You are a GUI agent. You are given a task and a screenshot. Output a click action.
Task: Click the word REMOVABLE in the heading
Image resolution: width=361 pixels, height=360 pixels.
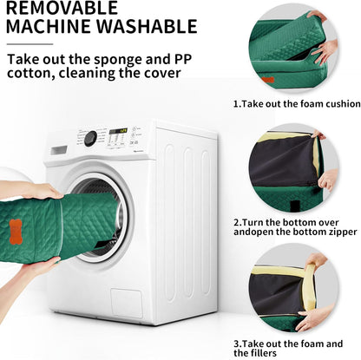point(62,7)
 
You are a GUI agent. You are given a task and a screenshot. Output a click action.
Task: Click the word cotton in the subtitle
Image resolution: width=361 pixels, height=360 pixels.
point(30,73)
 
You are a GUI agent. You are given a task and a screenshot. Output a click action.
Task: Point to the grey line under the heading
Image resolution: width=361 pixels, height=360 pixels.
point(30,44)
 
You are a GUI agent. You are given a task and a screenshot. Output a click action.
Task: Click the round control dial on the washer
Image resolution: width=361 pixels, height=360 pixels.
point(90,139)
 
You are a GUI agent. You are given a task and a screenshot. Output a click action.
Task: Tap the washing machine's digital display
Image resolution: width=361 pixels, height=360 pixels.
point(118,131)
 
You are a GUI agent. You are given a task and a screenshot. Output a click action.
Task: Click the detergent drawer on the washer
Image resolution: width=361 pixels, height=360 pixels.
point(59,150)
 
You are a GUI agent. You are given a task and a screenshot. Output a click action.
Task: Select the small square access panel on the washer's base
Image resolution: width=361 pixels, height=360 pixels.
point(127,303)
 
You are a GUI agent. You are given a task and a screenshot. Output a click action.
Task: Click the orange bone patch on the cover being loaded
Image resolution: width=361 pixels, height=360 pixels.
point(16,232)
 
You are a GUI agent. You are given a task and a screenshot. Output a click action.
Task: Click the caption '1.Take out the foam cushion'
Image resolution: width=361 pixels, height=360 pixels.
point(297,104)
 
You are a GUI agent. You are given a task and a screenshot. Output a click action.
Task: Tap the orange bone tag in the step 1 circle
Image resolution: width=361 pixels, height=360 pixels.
point(267,80)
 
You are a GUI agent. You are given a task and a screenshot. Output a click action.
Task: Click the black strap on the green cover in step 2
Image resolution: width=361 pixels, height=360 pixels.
point(295,205)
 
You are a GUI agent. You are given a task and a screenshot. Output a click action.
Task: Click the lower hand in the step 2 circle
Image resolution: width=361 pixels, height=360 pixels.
point(328,180)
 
